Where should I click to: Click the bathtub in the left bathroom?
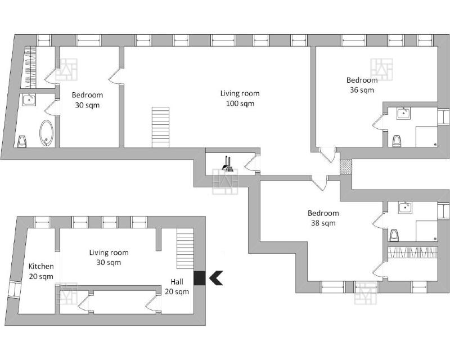(x=46, y=133)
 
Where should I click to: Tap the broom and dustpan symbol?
(x=227, y=164)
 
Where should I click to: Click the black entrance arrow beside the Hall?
(x=216, y=278)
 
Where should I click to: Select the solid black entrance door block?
(x=199, y=278)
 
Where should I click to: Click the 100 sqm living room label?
(x=240, y=98)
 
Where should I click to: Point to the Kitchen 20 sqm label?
(x=41, y=271)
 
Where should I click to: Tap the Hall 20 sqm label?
(x=177, y=286)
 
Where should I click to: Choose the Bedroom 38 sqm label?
(x=323, y=218)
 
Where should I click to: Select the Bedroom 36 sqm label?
(x=362, y=85)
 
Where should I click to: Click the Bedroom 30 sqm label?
(x=87, y=100)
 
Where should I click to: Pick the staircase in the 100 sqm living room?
(x=160, y=127)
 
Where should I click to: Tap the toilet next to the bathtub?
(x=22, y=142)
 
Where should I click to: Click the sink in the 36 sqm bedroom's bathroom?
(x=403, y=113)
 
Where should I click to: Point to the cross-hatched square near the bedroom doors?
(x=345, y=167)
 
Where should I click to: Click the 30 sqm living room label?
(x=109, y=257)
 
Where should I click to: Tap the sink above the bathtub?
(x=29, y=100)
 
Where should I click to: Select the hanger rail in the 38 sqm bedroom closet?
(x=413, y=252)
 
